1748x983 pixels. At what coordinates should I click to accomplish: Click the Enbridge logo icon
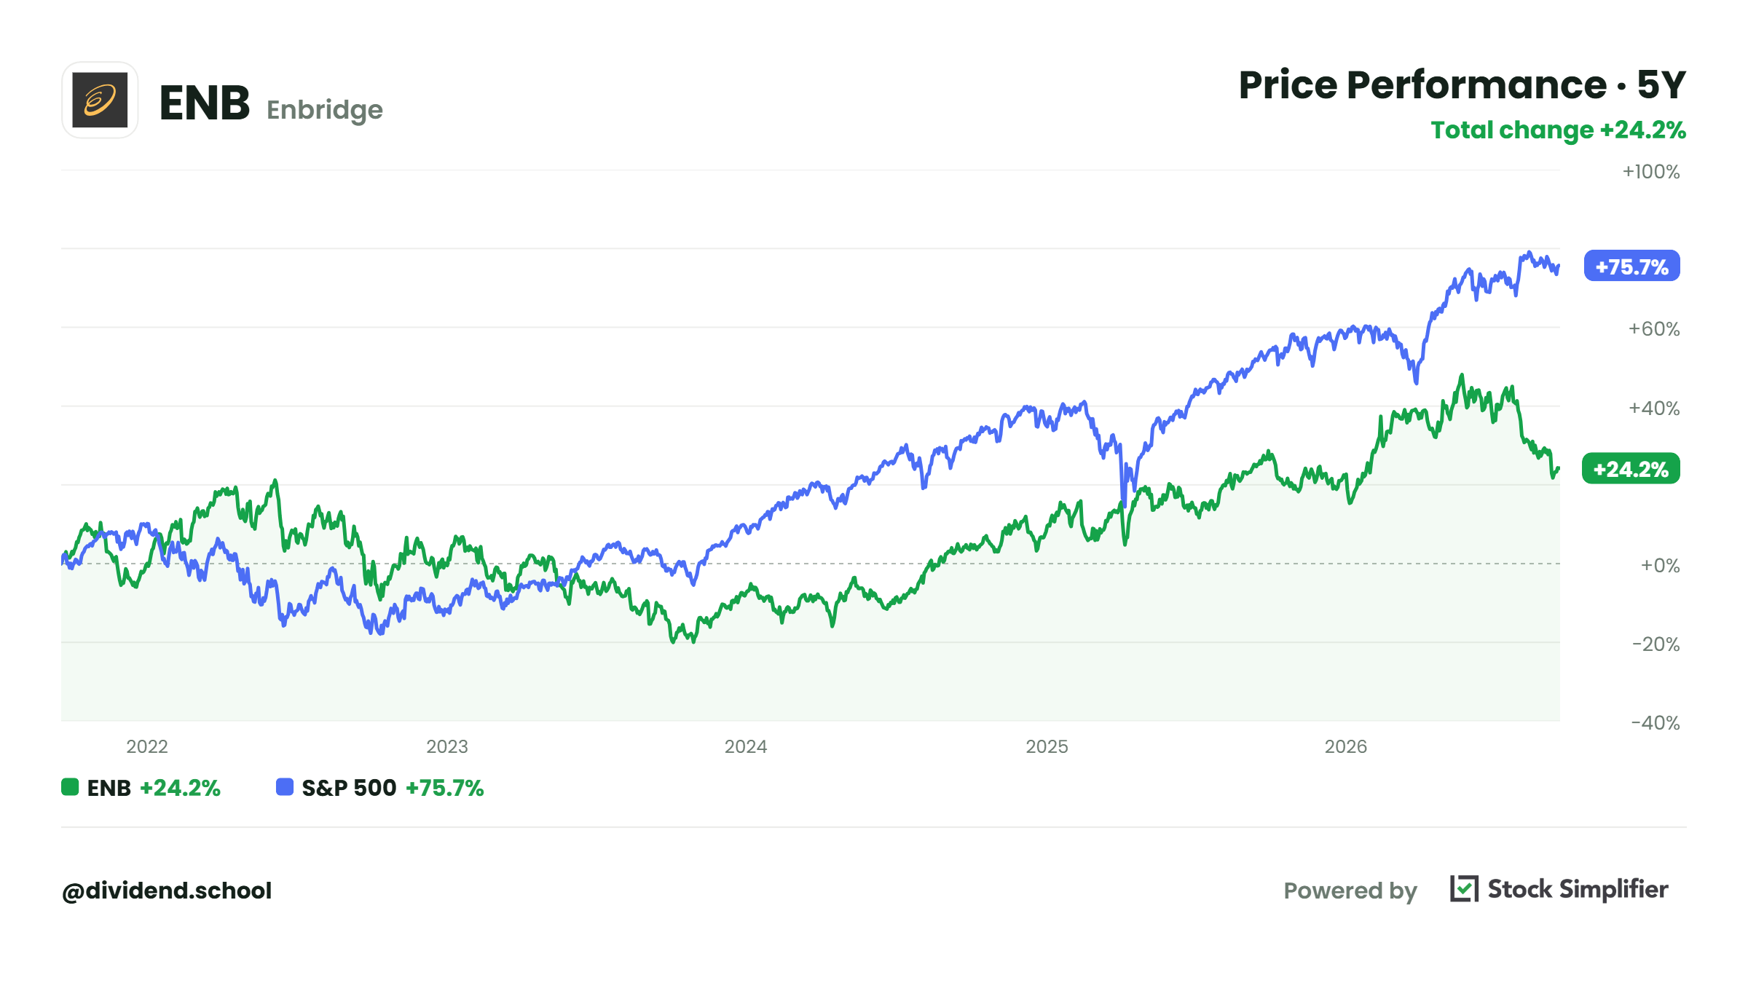tap(100, 100)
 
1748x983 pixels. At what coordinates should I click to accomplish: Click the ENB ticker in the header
tap(205, 103)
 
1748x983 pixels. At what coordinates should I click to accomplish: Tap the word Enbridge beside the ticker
tap(325, 110)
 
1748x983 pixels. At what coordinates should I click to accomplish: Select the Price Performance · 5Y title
tap(1462, 85)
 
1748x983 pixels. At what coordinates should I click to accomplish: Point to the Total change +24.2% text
tap(1559, 130)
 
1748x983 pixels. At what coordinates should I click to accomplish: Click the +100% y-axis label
tap(1651, 172)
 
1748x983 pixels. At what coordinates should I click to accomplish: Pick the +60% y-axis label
tap(1654, 329)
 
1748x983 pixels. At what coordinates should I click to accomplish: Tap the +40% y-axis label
tap(1654, 408)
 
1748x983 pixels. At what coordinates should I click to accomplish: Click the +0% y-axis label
tap(1660, 566)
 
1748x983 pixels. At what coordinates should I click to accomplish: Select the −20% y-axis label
tap(1656, 644)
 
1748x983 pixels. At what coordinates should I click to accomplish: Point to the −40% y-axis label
tap(1656, 723)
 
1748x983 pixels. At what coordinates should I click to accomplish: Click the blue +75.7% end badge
tap(1632, 267)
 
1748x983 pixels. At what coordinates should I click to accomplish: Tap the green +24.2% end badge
tap(1631, 469)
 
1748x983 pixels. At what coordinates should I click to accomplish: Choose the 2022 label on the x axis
tap(147, 746)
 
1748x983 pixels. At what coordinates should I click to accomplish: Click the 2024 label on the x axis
tap(746, 746)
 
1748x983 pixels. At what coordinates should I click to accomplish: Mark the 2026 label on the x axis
tap(1346, 746)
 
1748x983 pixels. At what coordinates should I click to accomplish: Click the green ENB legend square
tap(70, 787)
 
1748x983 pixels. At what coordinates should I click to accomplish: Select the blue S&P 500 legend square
tap(285, 787)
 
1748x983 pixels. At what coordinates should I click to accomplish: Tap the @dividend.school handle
tap(167, 891)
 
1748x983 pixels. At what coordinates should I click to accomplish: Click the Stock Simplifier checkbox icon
tap(1464, 889)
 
